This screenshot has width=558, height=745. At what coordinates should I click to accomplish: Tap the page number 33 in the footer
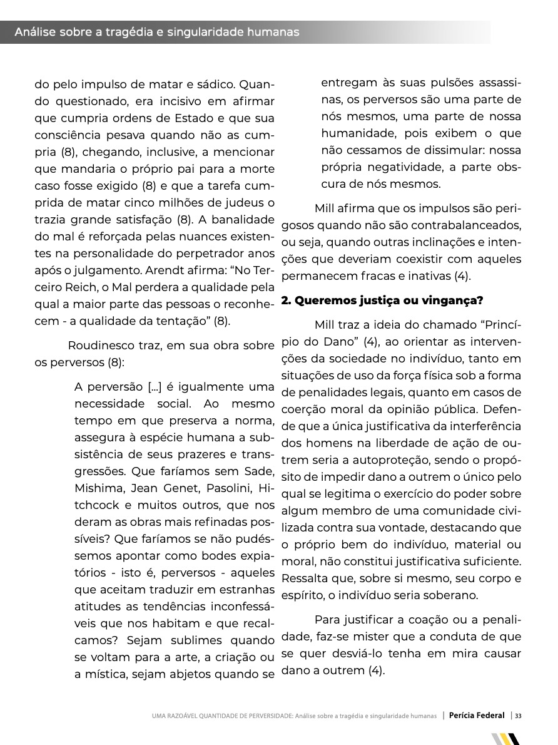[519, 716]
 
